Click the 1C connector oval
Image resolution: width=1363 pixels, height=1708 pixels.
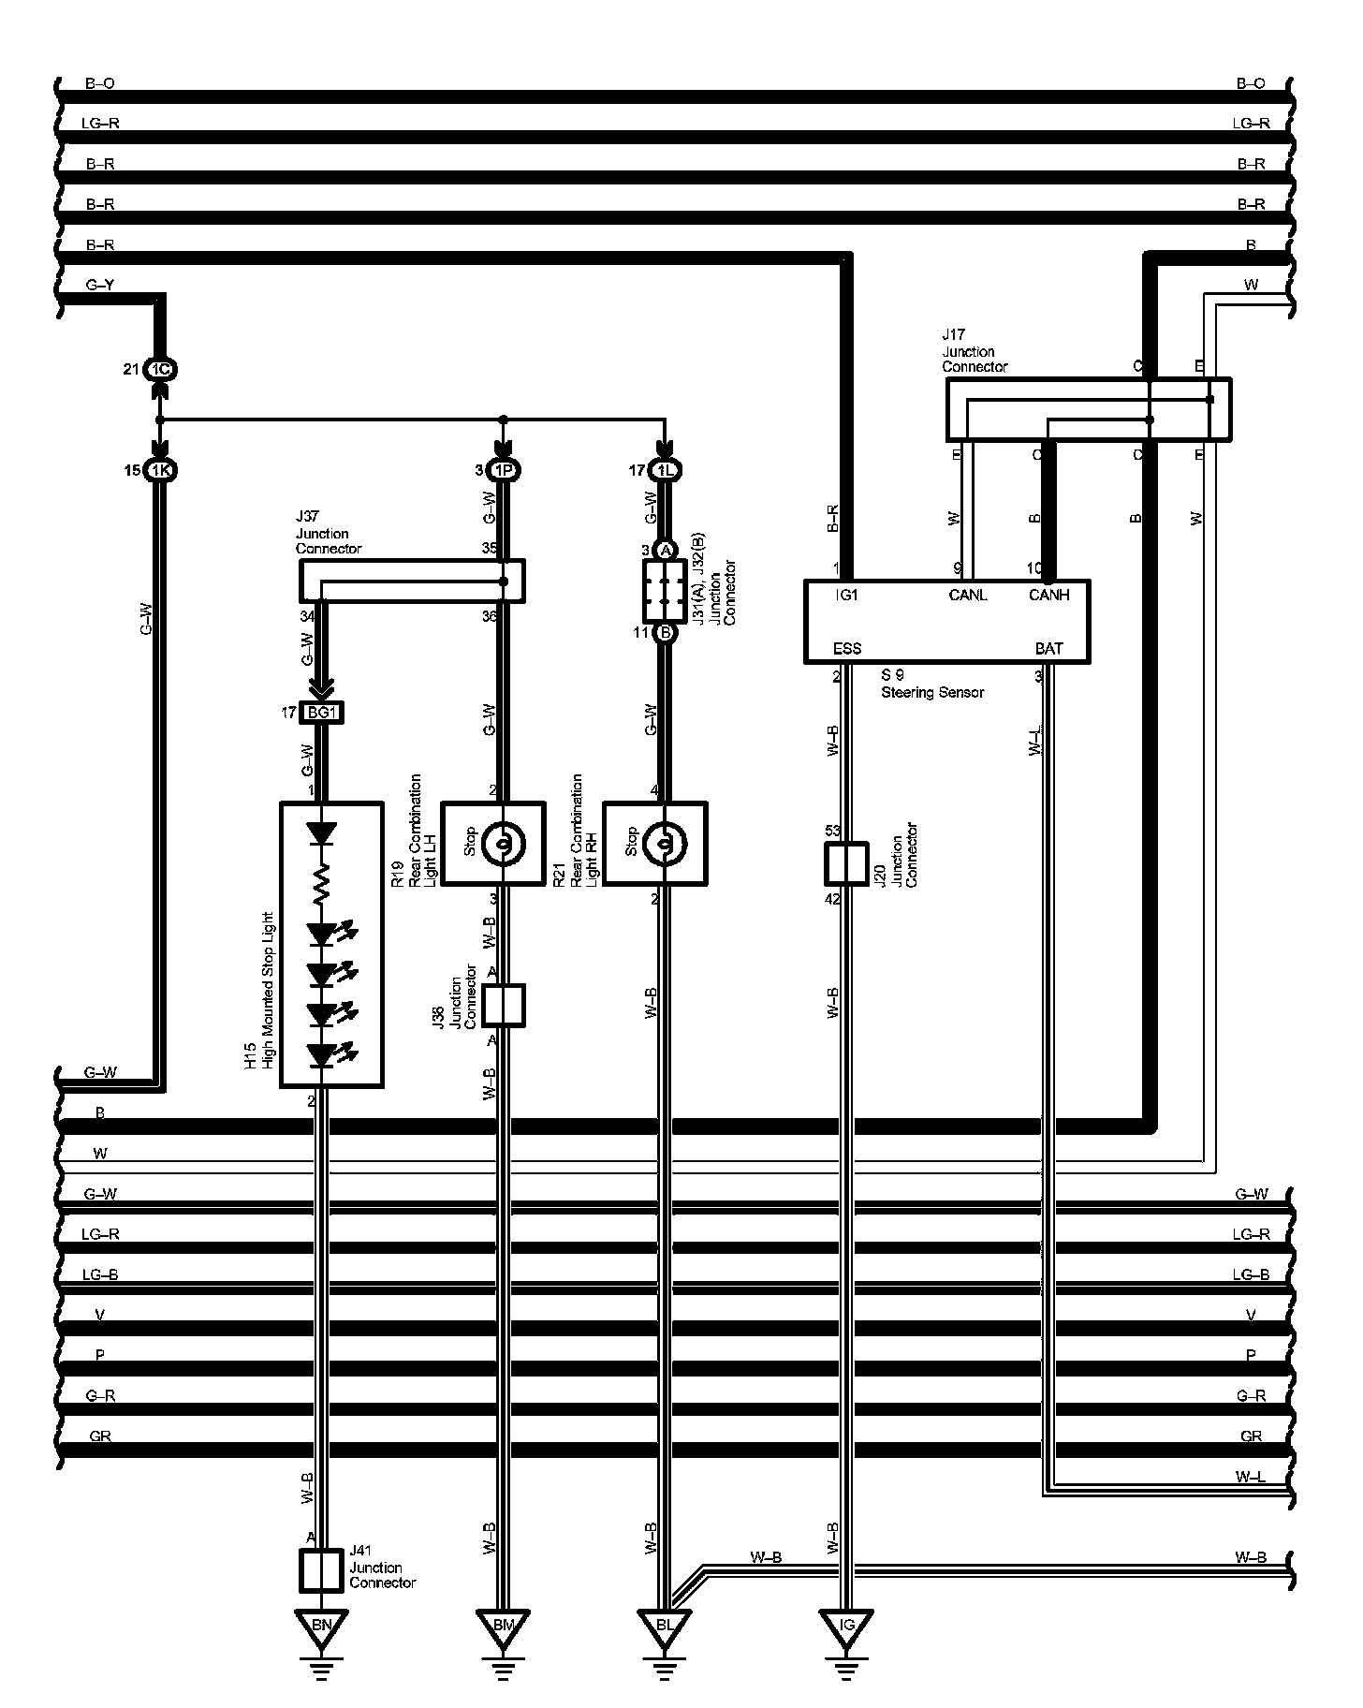tap(160, 369)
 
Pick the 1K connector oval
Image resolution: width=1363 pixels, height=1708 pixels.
tap(160, 470)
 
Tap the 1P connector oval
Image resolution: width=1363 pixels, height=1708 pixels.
tap(504, 470)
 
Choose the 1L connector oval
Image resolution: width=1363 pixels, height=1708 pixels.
tap(665, 470)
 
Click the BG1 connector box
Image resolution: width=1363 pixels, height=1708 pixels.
tap(321, 714)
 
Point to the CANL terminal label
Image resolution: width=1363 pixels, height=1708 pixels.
tap(968, 595)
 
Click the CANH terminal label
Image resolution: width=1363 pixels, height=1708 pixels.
tap(1048, 595)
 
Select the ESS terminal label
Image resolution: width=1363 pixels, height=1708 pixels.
tap(846, 648)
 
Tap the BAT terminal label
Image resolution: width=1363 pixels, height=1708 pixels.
tap(1048, 648)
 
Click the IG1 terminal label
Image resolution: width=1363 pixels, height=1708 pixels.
tap(845, 595)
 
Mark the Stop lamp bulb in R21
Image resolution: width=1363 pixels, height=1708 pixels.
tap(664, 845)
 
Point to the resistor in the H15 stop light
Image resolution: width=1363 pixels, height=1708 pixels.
tap(322, 884)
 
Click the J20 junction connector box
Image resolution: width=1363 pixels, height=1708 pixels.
tap(846, 863)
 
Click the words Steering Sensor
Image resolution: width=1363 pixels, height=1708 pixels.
tap(932, 692)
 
